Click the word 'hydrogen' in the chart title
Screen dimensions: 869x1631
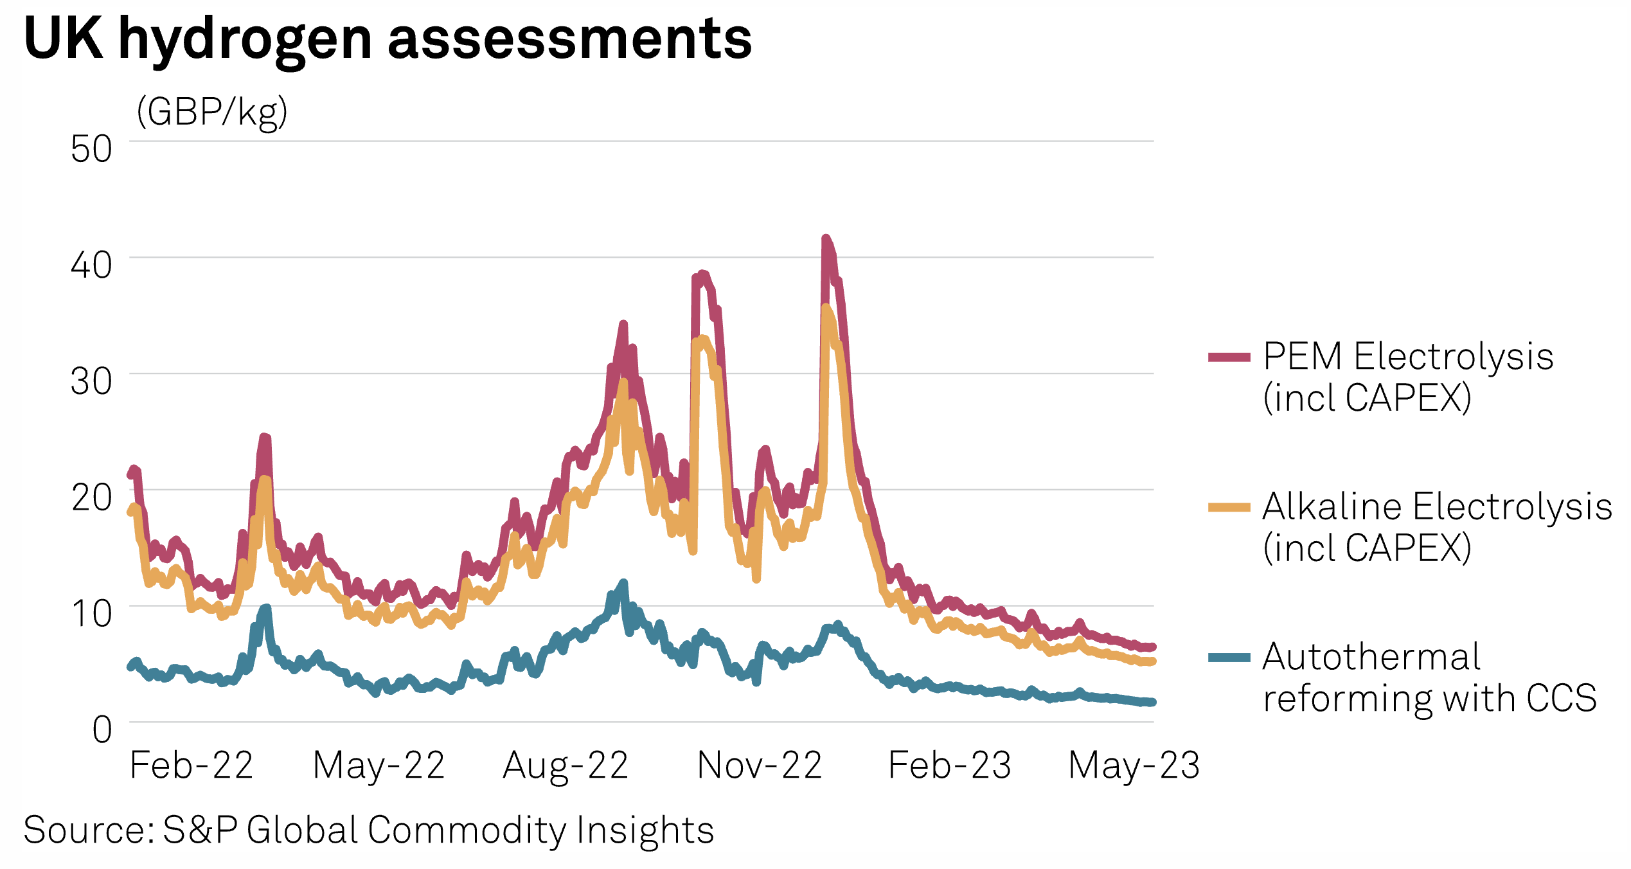pyautogui.click(x=245, y=40)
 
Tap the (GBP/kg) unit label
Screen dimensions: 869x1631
pyautogui.click(x=211, y=112)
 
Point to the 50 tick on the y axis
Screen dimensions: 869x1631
pyautogui.click(x=91, y=149)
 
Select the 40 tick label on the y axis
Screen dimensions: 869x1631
pyautogui.click(x=91, y=265)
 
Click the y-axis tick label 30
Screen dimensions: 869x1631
pyautogui.click(x=91, y=382)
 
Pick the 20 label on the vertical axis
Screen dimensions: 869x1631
pyautogui.click(x=91, y=497)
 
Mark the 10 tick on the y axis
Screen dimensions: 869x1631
pyautogui.click(x=91, y=614)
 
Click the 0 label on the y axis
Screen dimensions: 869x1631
pyautogui.click(x=102, y=730)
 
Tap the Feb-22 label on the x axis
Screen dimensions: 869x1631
pyautogui.click(x=191, y=766)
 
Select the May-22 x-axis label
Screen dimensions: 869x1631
pyautogui.click(x=379, y=766)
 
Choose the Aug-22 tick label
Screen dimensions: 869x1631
pyautogui.click(x=566, y=766)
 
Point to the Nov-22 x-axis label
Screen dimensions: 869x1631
pyautogui.click(x=760, y=766)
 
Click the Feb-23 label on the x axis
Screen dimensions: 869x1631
pyautogui.click(x=949, y=766)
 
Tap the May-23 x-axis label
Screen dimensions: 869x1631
pyautogui.click(x=1134, y=766)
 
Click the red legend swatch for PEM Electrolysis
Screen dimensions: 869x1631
pyautogui.click(x=1229, y=357)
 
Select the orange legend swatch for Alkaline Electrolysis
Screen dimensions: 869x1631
pyautogui.click(x=1229, y=508)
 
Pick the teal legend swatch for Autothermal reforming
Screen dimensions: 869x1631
pyautogui.click(x=1229, y=658)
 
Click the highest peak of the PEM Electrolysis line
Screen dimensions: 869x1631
pyautogui.click(x=826, y=239)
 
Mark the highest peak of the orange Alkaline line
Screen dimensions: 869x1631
pyautogui.click(x=826, y=308)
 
